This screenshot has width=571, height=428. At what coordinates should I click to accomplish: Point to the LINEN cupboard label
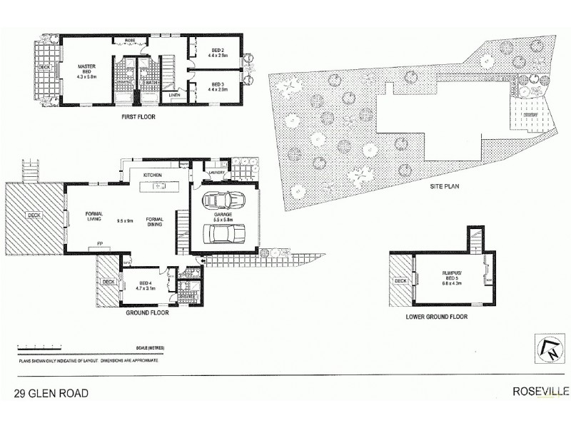(174, 95)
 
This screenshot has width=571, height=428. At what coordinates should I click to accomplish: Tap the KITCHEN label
(153, 175)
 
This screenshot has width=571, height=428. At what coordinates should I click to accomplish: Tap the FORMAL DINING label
(155, 222)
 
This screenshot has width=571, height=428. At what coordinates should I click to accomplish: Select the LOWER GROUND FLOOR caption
(436, 316)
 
